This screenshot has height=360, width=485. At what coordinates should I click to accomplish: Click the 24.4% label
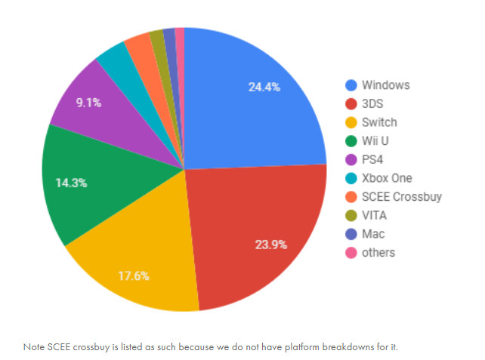[264, 87]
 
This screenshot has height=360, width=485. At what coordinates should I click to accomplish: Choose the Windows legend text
[385, 85]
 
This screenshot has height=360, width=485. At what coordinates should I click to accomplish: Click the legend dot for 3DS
[350, 103]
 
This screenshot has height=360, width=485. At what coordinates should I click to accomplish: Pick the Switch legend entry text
[379, 122]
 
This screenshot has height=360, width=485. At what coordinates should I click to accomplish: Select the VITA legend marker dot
[350, 215]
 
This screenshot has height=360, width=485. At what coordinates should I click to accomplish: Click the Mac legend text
[373, 234]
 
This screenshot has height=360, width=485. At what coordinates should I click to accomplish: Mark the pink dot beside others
[350, 252]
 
